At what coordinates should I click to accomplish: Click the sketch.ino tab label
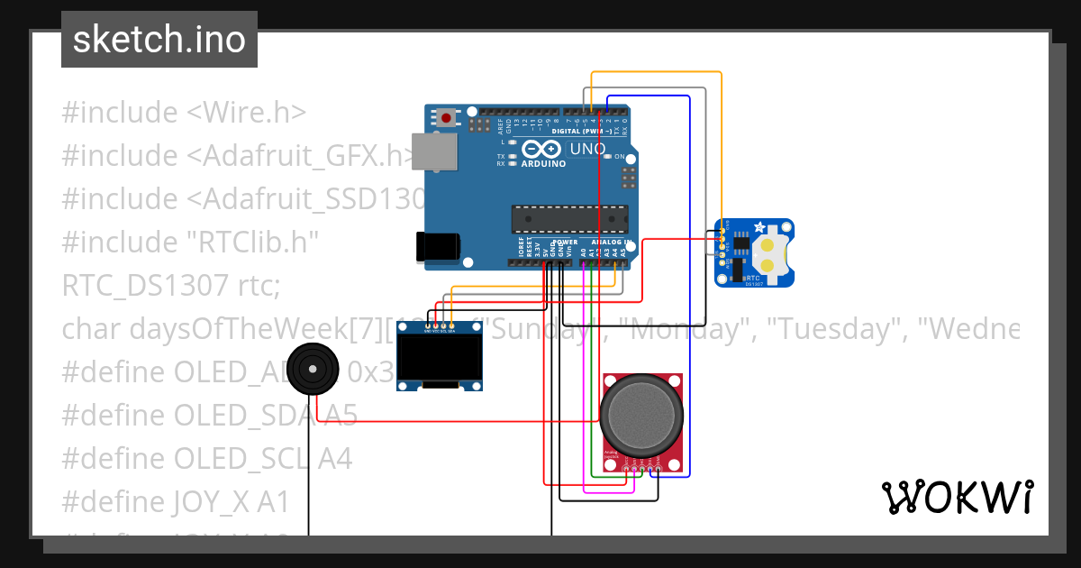point(159,40)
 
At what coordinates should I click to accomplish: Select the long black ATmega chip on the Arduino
point(569,219)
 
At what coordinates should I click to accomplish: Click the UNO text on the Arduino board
point(586,148)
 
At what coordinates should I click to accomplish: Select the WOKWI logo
point(957,497)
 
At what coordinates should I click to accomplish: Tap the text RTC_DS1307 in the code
point(144,285)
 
